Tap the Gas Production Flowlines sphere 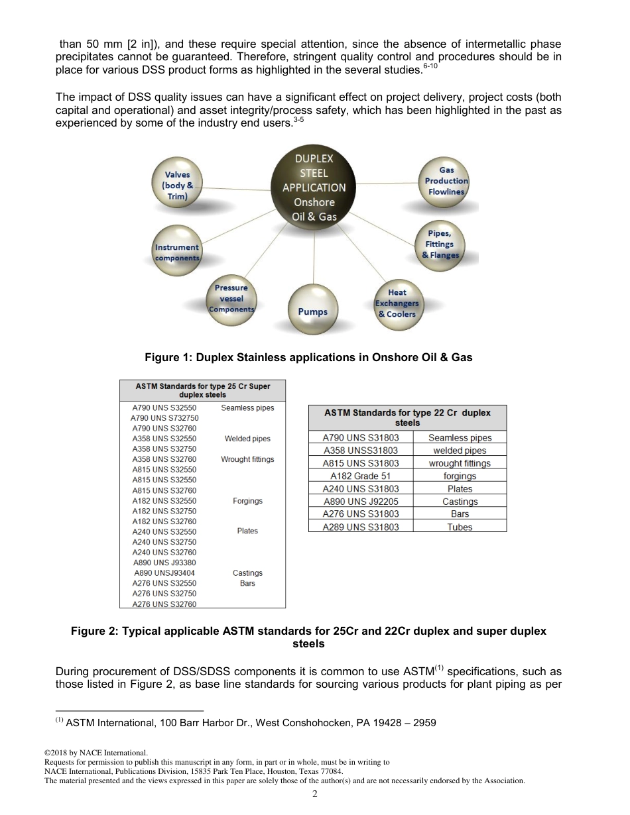[x=446, y=180]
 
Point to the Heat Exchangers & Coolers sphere [x=397, y=303]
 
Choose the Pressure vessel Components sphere [x=231, y=298]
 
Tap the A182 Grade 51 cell [x=361, y=476]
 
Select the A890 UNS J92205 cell [x=361, y=502]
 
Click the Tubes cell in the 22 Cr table [x=460, y=527]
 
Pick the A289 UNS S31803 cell [x=361, y=527]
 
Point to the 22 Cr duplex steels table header [x=407, y=417]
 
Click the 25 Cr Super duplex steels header [x=202, y=390]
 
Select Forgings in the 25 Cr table [x=247, y=501]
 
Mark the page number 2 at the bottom [x=315, y=796]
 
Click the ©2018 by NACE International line [x=94, y=753]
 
